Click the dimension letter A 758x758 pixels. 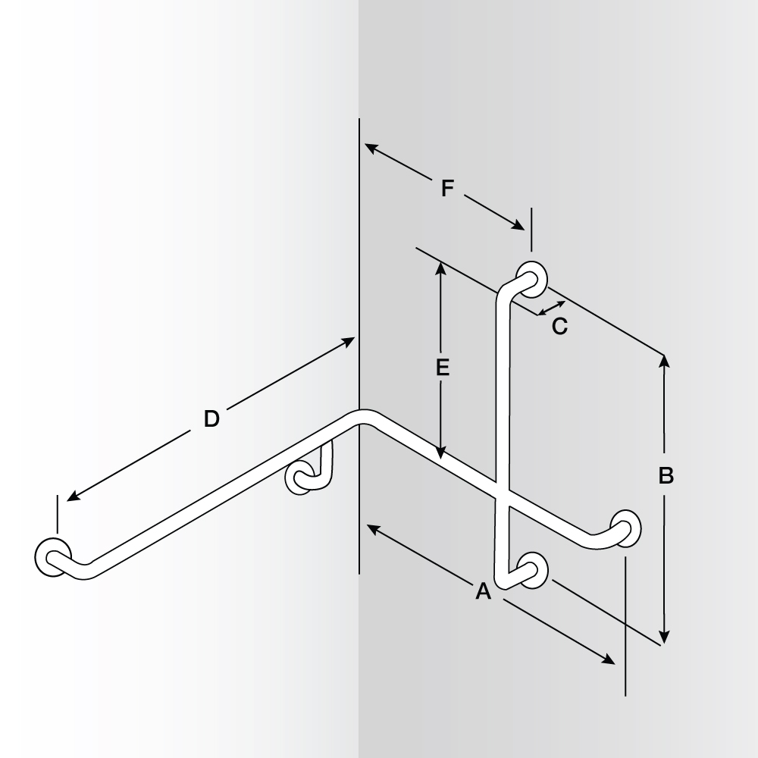point(483,591)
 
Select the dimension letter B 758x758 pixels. point(666,476)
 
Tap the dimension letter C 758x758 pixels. point(559,327)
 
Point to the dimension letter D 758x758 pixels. point(211,418)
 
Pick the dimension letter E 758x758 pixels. point(443,368)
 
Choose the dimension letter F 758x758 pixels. point(447,188)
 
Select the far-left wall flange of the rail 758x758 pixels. point(52,556)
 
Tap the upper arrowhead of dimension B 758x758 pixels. point(665,360)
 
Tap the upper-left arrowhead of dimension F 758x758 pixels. point(369,147)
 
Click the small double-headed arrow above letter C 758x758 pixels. point(551,308)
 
